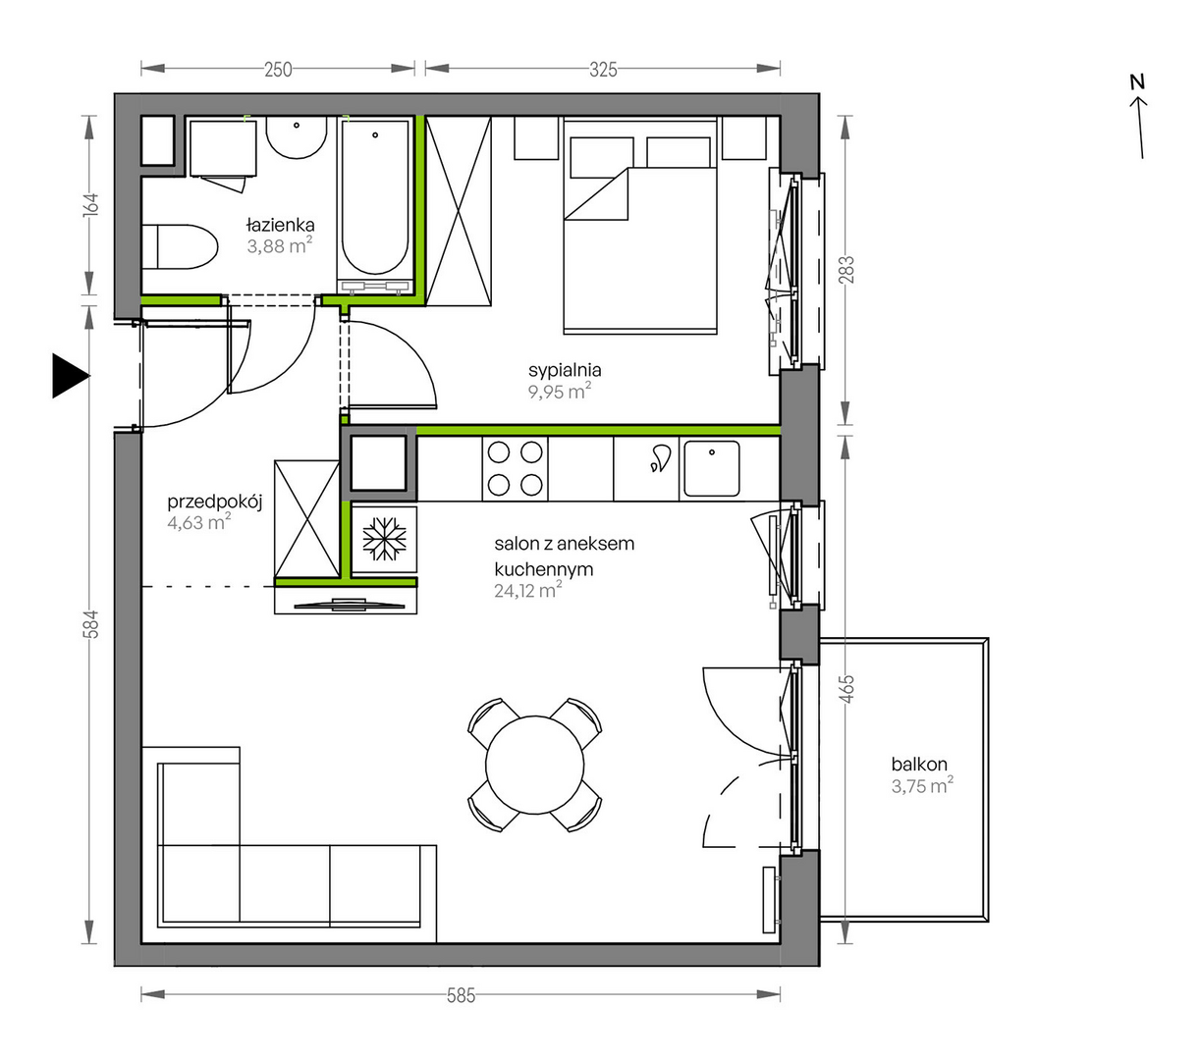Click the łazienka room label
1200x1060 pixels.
pos(280,225)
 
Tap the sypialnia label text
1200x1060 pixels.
pos(565,371)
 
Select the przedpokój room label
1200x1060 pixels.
pos(214,503)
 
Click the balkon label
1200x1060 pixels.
pos(918,764)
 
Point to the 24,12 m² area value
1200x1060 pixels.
pos(527,591)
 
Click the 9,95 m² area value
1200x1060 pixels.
pos(559,392)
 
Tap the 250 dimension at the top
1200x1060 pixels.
pos(278,70)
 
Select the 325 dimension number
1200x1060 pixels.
pos(603,70)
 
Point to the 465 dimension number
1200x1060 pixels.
pos(847,689)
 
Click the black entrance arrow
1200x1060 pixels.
pos(71,376)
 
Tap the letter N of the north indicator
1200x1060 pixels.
pos(1136,82)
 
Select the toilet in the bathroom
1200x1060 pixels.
pos(180,247)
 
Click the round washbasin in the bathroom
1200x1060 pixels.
pos(297,137)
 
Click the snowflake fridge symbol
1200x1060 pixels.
pos(384,539)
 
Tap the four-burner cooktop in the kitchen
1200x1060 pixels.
pos(515,469)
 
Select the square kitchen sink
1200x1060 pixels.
pos(711,468)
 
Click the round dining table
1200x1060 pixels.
pos(534,766)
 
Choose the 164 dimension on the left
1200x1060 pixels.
pos(90,205)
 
